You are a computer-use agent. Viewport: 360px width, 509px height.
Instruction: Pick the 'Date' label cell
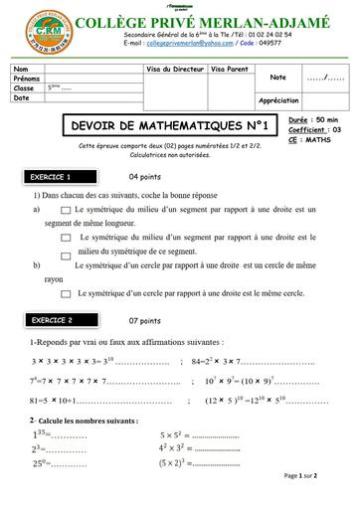22,97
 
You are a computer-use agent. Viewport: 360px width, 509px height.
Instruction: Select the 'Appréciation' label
279,100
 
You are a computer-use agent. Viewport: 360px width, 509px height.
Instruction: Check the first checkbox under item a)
66,211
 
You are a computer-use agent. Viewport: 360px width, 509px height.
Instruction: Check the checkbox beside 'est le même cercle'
66,293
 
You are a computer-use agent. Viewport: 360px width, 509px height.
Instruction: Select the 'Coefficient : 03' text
313,129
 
